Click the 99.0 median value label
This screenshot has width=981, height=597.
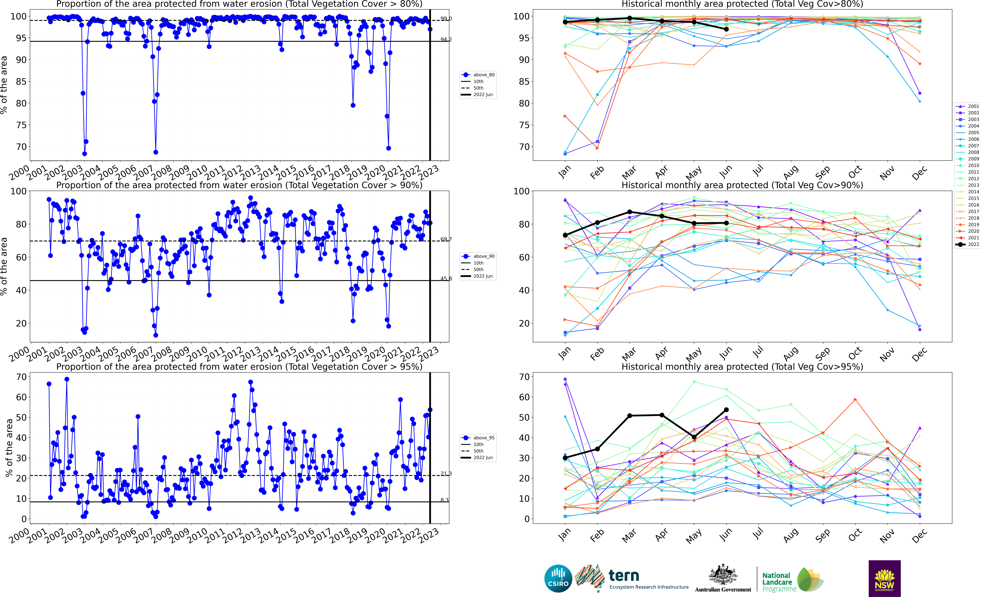(x=446, y=19)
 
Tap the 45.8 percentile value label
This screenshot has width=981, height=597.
(x=446, y=279)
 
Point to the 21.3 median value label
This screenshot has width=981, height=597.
(x=446, y=474)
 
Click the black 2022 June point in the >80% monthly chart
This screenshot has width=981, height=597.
(x=726, y=29)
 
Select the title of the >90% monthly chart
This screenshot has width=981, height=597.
(x=742, y=185)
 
